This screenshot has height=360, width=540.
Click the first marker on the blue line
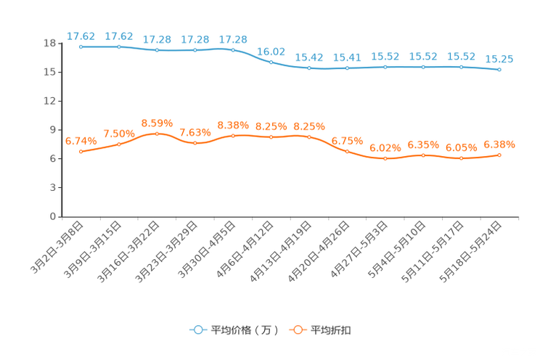81,46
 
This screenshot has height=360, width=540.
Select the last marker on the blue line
499,70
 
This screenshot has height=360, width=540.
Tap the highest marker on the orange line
157,134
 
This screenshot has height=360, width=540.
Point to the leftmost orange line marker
81,151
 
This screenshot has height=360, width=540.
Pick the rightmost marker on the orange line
499,155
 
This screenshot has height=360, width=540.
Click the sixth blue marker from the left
271,62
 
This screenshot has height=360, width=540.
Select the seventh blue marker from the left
309,68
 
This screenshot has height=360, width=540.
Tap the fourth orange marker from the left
195,144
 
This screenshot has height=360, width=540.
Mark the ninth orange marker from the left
385,158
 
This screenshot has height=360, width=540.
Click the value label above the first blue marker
80,36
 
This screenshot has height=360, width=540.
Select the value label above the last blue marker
499,59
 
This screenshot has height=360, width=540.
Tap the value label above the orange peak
157,123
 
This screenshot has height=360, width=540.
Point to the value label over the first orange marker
80,141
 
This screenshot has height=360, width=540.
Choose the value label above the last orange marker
499,144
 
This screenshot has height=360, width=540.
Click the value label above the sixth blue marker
271,51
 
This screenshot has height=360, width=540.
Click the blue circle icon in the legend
197,330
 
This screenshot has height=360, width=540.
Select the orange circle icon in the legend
298,330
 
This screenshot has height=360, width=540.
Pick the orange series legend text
332,330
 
